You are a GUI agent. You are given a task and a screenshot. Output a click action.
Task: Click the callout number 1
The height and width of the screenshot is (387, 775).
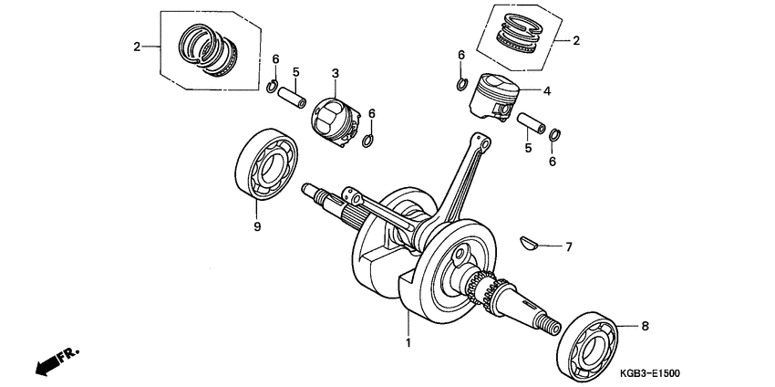pos(408,343)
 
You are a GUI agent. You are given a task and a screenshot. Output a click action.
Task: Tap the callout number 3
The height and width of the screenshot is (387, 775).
pos(335,73)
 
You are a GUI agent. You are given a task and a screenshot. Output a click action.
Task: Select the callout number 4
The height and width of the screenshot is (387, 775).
pos(546,91)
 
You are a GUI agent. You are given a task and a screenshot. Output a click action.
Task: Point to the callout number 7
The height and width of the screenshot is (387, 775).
pos(568,246)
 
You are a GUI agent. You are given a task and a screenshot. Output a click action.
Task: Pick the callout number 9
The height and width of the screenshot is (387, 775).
pos(257,226)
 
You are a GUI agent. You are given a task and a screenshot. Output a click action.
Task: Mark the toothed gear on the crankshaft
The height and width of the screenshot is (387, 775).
pos(480,290)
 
